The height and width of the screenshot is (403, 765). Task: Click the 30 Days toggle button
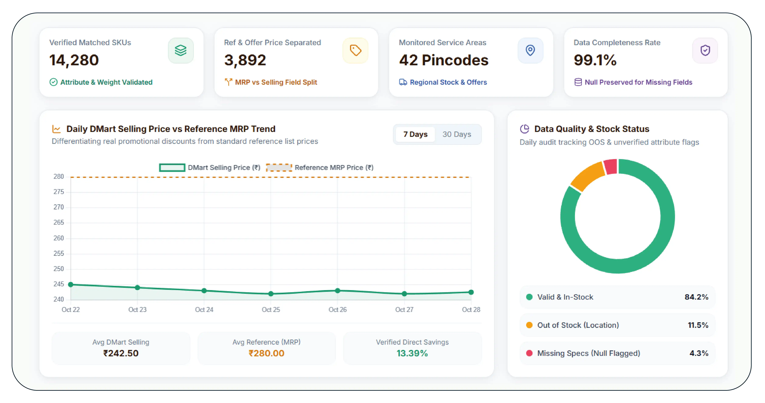[457, 134]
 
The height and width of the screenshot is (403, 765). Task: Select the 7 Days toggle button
[415, 134]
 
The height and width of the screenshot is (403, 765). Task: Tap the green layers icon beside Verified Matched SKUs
[181, 50]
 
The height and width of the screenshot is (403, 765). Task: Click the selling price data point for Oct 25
[271, 294]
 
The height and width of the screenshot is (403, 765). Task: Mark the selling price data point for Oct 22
[71, 284]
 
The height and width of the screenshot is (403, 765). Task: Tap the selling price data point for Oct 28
[471, 292]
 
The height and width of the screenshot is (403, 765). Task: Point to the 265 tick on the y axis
[59, 222]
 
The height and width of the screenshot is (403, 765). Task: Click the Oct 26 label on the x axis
[337, 310]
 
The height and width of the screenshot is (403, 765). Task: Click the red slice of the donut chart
[611, 167]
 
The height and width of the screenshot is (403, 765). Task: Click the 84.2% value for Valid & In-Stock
[696, 297]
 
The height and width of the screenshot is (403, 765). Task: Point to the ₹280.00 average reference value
[266, 353]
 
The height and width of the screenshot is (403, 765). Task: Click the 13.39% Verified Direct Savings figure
[412, 353]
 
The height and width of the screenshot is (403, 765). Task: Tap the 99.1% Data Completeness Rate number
[595, 60]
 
